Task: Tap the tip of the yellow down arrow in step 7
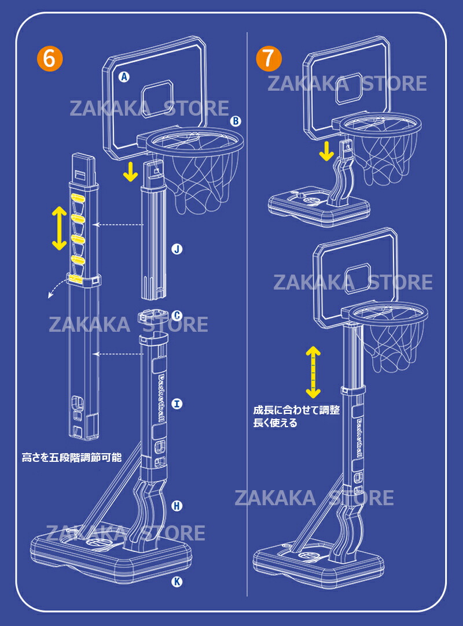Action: click(x=326, y=161)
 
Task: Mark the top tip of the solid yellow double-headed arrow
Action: click(x=59, y=206)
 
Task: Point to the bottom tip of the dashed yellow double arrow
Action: click(x=313, y=398)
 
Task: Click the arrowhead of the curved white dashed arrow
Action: click(x=49, y=298)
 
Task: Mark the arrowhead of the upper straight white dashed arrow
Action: click(x=94, y=225)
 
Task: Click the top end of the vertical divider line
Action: click(x=247, y=33)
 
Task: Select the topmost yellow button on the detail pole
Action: click(x=78, y=197)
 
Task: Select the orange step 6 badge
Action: click(x=50, y=58)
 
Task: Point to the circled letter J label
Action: click(x=177, y=249)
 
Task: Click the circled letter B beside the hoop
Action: click(x=236, y=121)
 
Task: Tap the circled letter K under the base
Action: click(x=177, y=581)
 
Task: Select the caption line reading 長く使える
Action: click(x=275, y=423)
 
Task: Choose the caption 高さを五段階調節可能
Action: click(x=72, y=457)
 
